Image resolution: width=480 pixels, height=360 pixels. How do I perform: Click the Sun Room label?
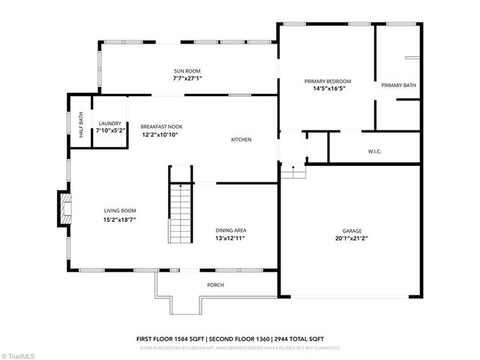point(187,70)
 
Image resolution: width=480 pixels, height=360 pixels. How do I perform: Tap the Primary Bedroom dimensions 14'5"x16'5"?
point(328,88)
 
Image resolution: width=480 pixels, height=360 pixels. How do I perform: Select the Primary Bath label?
point(398,85)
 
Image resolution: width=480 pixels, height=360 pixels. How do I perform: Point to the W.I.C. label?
point(375,151)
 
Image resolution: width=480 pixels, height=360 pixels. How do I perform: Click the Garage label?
point(352,230)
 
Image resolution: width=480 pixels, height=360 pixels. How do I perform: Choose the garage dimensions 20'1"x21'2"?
point(352,238)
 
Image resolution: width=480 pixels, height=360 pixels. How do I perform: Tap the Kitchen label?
point(241,140)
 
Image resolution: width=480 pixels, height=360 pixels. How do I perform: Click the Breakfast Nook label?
point(161,127)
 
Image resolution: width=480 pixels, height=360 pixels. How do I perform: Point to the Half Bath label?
point(81,123)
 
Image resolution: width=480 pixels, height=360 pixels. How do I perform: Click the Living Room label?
point(120,212)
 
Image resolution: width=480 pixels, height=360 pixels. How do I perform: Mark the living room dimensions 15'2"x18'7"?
point(120,220)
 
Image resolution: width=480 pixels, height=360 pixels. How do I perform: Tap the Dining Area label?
point(231,230)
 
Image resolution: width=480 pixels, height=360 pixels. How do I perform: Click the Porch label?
point(215,285)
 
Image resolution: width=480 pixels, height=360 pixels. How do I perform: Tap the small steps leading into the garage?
point(293,171)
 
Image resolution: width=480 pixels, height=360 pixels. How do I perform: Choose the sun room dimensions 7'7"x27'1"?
point(187,78)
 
